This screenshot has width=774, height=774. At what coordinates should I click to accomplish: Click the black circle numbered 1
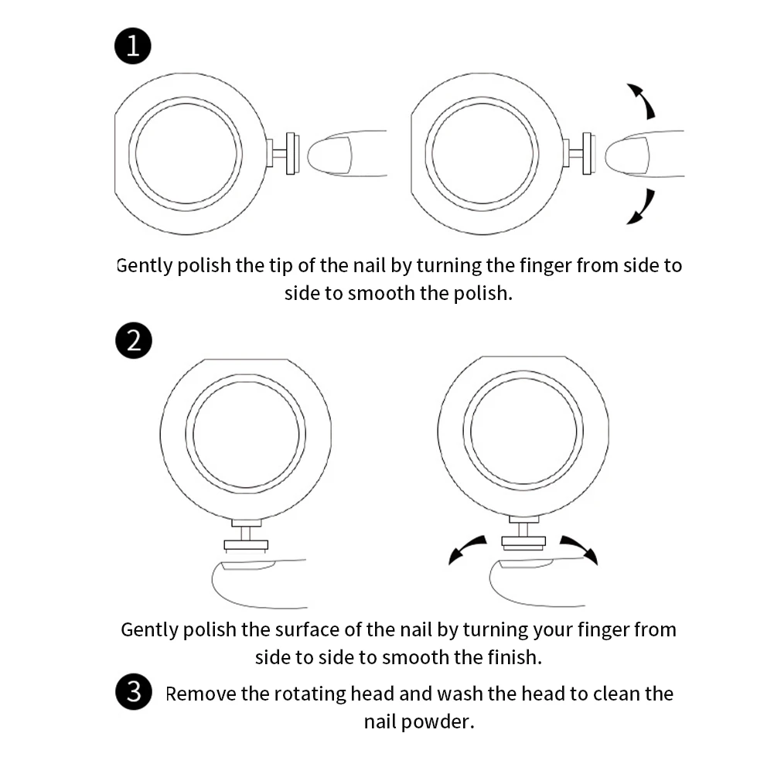pos(133,46)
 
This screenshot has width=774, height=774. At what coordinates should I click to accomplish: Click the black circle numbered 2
pos(134,340)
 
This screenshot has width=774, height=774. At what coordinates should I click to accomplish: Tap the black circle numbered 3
pos(134,691)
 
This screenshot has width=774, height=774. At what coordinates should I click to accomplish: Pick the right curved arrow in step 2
pos(581,547)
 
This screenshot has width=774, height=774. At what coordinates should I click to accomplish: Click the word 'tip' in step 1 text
pos(280,266)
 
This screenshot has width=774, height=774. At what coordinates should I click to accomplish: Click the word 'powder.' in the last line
pos(438,722)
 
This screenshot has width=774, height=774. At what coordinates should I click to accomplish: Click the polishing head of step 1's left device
pos(292,153)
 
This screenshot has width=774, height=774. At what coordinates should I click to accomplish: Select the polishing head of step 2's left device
pos(246,546)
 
